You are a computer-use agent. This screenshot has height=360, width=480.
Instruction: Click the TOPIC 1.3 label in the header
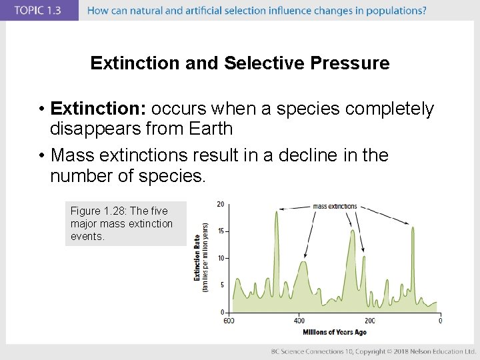point(39,10)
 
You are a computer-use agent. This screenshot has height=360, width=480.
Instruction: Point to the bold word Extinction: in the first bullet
point(99,109)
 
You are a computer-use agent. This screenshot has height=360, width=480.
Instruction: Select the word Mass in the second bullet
point(71,155)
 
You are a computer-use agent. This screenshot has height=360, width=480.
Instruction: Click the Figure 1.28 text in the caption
point(101,211)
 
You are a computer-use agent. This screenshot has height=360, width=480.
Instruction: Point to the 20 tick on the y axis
point(220,204)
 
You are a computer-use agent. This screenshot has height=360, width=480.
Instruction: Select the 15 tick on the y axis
point(220,231)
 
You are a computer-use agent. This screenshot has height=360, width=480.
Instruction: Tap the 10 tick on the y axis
point(220,258)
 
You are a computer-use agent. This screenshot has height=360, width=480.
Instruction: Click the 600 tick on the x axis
point(229,321)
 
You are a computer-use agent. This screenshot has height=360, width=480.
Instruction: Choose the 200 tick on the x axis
point(369,321)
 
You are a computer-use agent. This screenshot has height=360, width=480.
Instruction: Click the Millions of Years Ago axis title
point(334,332)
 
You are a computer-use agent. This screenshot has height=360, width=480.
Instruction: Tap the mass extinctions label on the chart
point(335,207)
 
